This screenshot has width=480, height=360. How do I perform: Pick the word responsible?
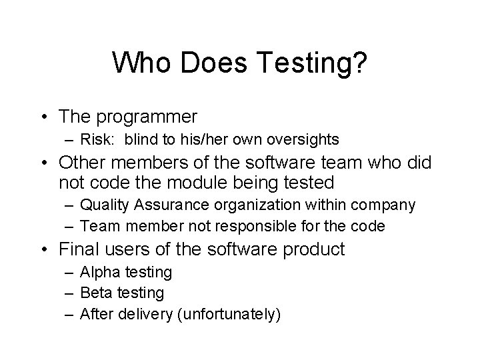pos(257,226)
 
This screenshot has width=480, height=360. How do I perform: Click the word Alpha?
pos(98,272)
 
